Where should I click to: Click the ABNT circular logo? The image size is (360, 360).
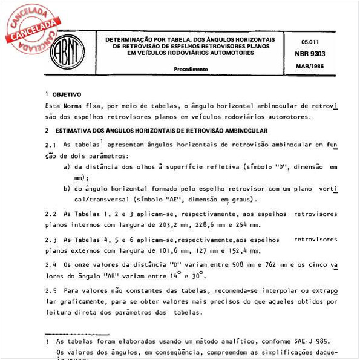[x=67, y=51]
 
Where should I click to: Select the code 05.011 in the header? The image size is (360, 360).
[x=310, y=42]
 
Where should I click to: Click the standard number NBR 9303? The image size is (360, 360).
[x=310, y=54]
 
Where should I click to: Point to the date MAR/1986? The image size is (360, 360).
[x=310, y=65]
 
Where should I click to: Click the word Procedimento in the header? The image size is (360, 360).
[x=191, y=70]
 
